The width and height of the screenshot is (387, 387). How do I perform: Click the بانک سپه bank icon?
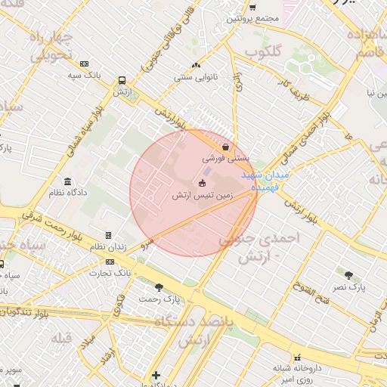click(84, 63)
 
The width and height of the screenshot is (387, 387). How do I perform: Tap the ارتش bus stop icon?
click(121, 79)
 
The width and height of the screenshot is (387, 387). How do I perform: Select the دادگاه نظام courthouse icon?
click(68, 182)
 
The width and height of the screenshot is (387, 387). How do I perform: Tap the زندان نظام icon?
click(108, 236)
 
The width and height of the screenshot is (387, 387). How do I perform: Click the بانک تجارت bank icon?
click(110, 262)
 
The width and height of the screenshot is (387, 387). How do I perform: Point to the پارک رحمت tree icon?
click(158, 287)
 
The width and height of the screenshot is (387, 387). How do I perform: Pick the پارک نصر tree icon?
click(348, 276)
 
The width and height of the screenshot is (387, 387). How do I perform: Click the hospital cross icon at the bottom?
click(156, 375)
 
